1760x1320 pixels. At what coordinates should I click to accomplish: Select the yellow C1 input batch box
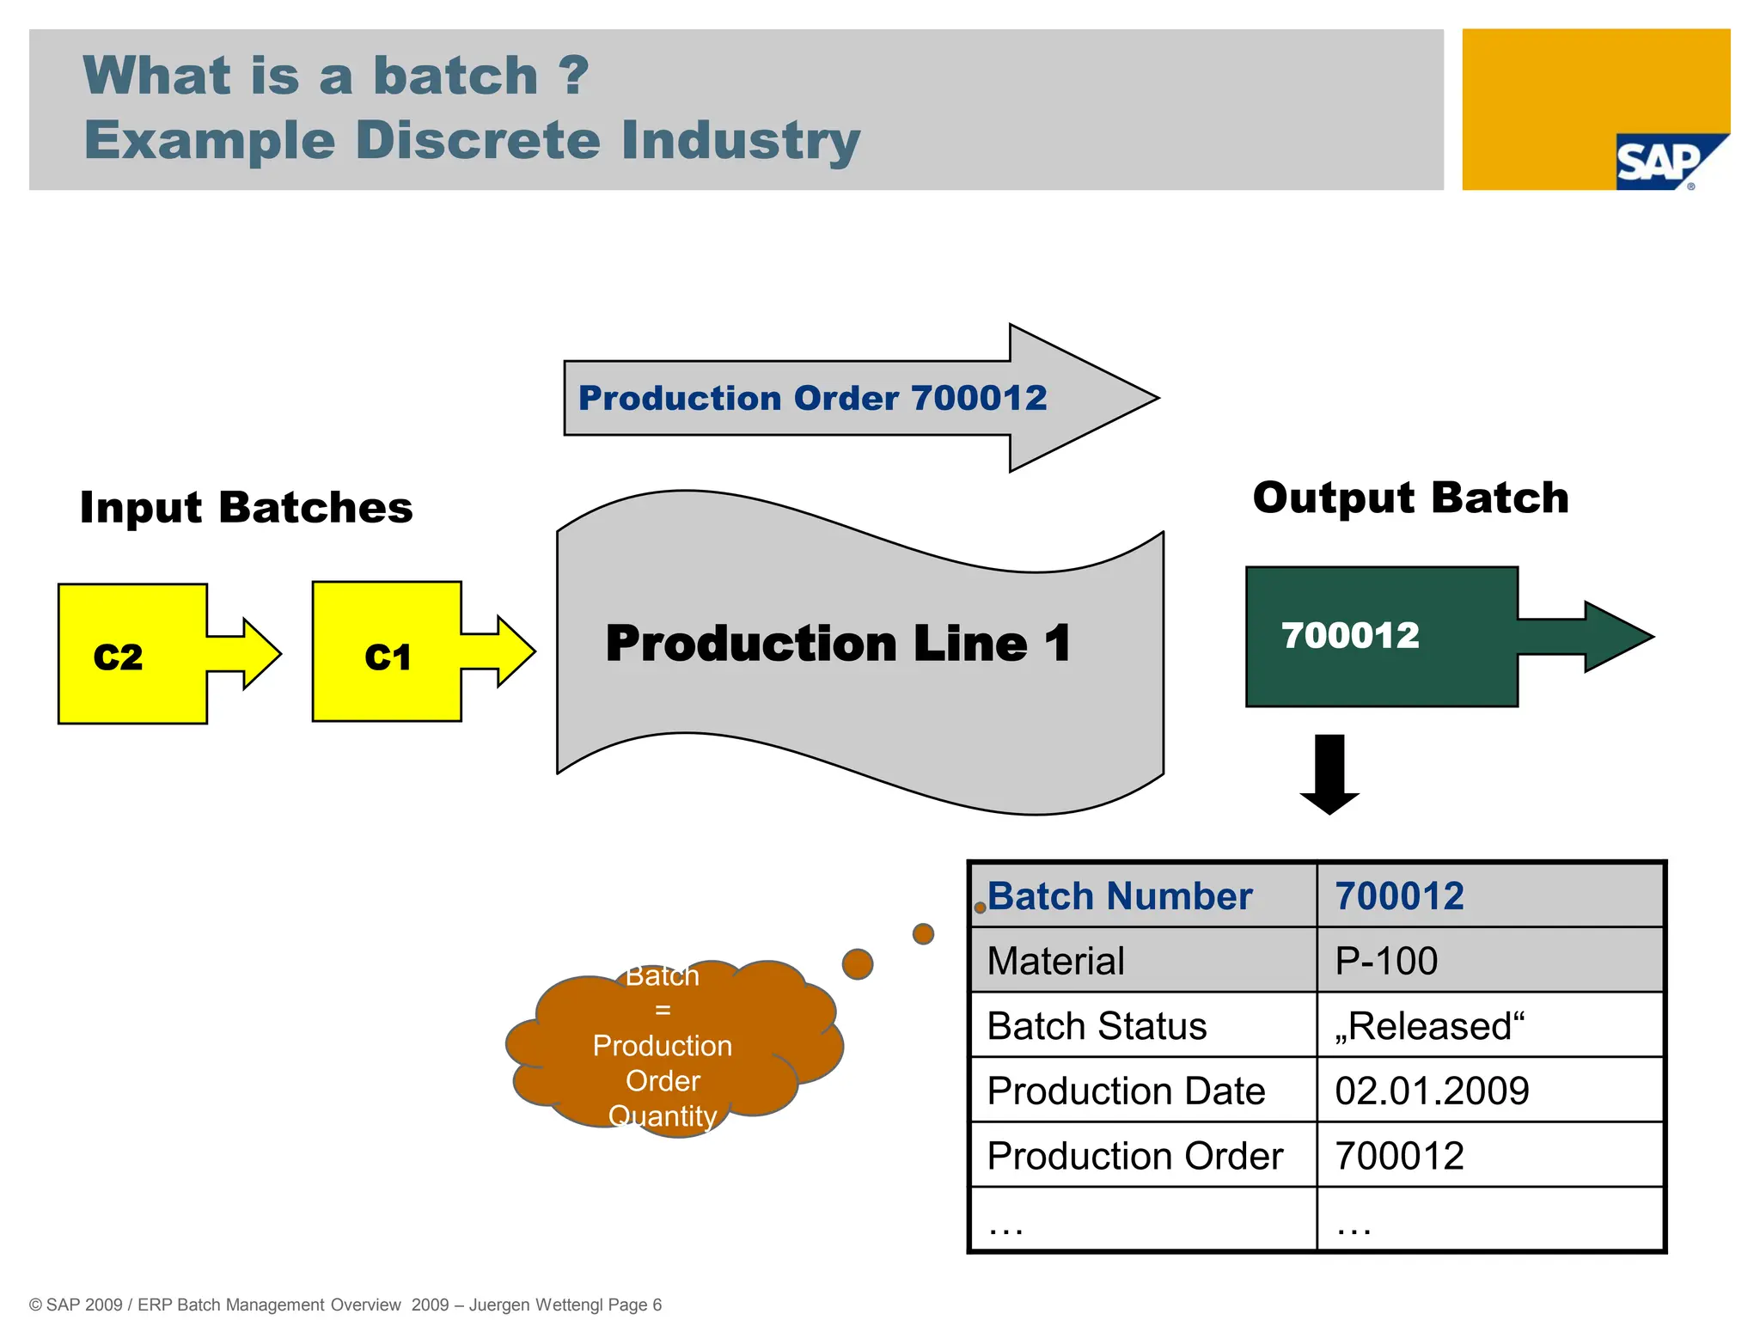tap(387, 653)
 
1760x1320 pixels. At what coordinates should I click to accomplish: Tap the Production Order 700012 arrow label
tap(812, 398)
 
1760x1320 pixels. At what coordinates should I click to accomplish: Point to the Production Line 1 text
tap(838, 644)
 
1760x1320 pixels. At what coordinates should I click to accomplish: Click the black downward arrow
tap(1329, 773)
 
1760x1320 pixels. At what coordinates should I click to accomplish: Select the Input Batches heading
tap(246, 507)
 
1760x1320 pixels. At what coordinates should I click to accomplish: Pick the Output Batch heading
tap(1410, 498)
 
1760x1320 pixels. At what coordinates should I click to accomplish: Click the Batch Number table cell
tap(1119, 896)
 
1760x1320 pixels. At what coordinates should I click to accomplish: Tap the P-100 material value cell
tap(1385, 961)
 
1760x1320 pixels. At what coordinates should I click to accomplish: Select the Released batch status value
tap(1429, 1026)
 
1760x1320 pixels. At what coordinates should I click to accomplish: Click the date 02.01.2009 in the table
tap(1432, 1091)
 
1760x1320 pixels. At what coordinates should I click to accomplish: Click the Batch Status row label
tap(1097, 1026)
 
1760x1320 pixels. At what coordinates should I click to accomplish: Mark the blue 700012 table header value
tap(1399, 896)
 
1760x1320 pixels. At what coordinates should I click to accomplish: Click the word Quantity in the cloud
tap(663, 1115)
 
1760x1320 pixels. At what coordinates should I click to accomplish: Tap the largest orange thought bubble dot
tap(857, 964)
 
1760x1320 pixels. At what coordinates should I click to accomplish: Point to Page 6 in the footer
tap(634, 1305)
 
